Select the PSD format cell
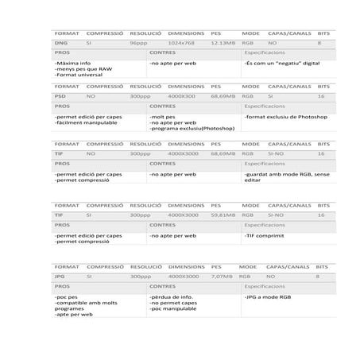click(x=60, y=95)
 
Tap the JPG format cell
click(x=60, y=276)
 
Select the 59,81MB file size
click(x=223, y=215)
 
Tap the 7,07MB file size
click(x=223, y=276)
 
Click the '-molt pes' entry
click(x=164, y=116)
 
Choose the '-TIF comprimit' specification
click(x=264, y=236)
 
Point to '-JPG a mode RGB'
click(x=267, y=296)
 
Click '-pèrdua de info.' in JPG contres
click(x=172, y=296)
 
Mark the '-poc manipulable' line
click(x=174, y=308)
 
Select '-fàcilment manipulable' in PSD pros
click(x=86, y=122)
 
